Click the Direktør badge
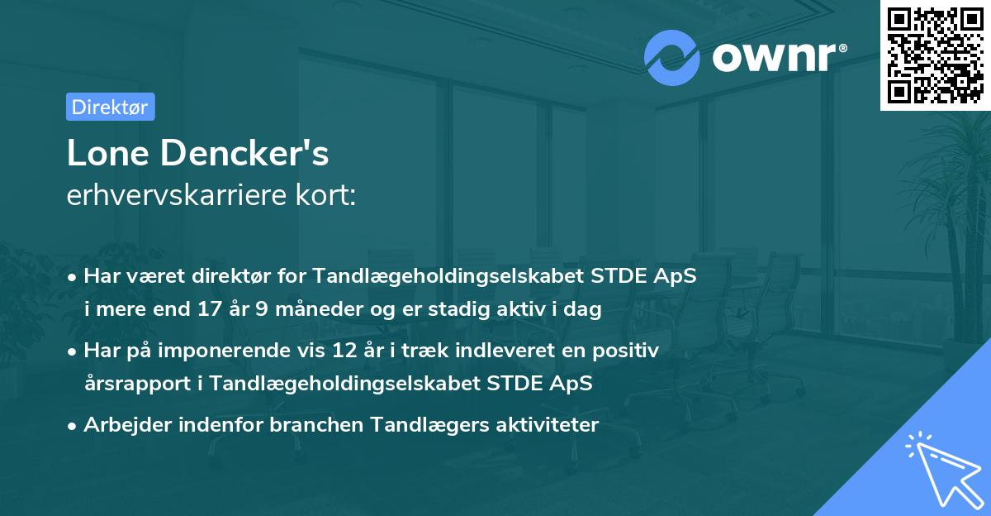pos(110,107)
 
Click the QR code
pos(934,55)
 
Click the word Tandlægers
pos(421,425)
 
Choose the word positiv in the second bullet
pos(629,351)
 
